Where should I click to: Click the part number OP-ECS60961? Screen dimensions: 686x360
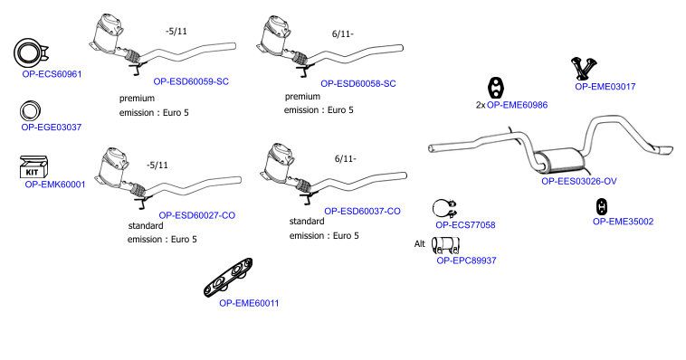[x=52, y=74]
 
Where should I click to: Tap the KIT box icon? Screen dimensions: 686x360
[x=33, y=167]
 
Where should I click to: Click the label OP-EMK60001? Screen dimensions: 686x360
[x=54, y=185]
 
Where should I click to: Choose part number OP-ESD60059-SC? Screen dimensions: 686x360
[x=191, y=81]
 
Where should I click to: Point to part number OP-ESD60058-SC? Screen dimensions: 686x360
[x=357, y=83]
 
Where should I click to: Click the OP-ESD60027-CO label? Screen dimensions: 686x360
[x=197, y=215]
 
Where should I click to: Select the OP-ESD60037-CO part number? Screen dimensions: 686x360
[x=362, y=211]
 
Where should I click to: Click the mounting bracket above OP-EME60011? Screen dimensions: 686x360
[x=228, y=277]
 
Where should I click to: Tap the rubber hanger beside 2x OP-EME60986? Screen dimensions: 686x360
[x=495, y=89]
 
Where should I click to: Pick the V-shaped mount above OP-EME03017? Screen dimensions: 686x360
[x=584, y=68]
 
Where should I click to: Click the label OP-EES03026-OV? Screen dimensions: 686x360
[x=579, y=181]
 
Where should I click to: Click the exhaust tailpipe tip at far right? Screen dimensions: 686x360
[x=664, y=149]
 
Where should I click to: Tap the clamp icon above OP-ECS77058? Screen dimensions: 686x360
[x=444, y=209]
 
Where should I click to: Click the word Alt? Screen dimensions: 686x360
[x=419, y=243]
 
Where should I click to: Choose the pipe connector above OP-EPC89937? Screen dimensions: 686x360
[x=445, y=245]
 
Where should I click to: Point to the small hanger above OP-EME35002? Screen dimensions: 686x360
[x=602, y=206]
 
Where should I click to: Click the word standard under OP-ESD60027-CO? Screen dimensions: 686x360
[x=145, y=226]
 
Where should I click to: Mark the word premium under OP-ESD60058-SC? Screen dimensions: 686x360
[x=302, y=96]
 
